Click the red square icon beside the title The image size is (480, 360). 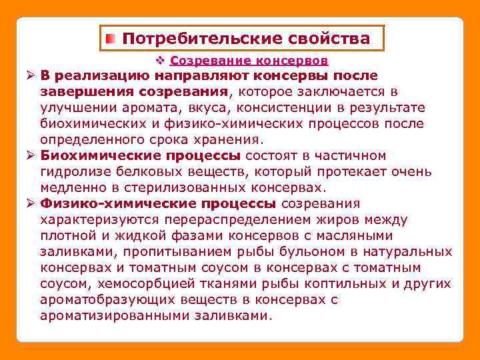[112, 39]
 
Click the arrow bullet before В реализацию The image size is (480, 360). [30, 75]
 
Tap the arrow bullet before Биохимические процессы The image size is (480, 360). [30, 156]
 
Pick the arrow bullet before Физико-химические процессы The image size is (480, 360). [30, 204]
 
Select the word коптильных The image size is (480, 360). [348, 284]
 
